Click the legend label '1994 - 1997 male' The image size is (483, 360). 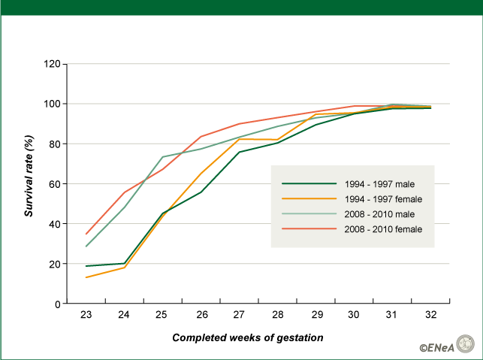pos(379,184)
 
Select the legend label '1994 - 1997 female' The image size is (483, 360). pos(383,199)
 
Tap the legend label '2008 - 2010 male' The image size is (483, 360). pos(379,214)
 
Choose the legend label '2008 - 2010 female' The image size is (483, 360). pos(383,229)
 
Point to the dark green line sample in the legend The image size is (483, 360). pos(308,184)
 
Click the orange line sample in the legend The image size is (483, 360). pos(308,199)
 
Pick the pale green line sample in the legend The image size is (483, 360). pos(308,214)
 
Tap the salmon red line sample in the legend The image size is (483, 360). pos(308,229)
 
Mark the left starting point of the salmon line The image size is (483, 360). pos(86,234)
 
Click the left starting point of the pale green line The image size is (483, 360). pos(86,247)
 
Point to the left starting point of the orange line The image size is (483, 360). pos(86,277)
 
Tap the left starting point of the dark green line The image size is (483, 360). pos(86,265)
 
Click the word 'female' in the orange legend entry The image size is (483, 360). pos(409,199)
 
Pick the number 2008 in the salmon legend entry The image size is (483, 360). pos(355,229)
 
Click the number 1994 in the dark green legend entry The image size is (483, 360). pos(355,184)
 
